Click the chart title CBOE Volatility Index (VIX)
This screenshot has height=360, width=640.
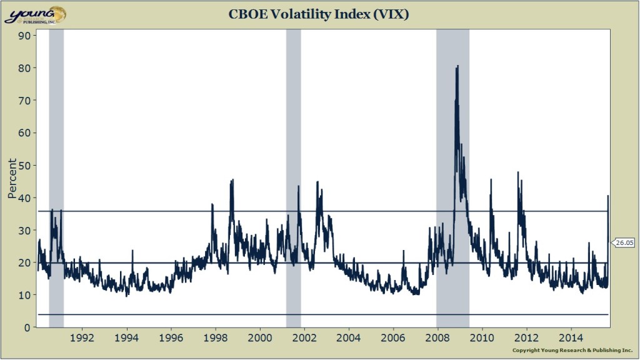click(x=320, y=14)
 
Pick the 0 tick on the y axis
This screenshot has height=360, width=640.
click(x=27, y=327)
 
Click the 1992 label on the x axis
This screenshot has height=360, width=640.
click(x=83, y=338)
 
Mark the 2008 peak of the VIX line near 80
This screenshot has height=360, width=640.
click(x=457, y=66)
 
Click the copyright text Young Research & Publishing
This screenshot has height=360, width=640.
click(x=572, y=351)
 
